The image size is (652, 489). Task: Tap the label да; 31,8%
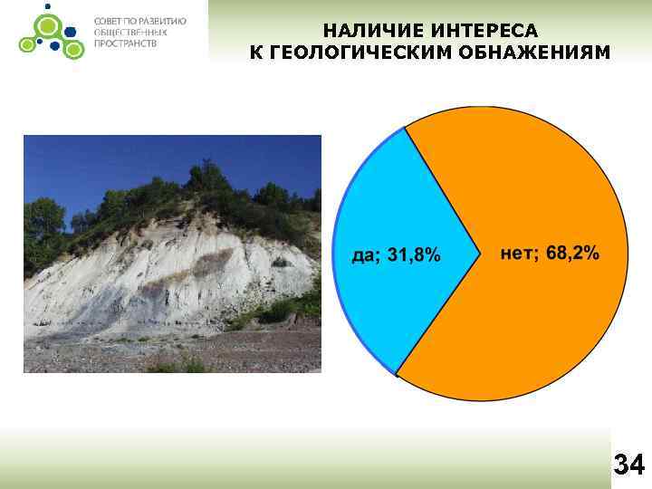[x=396, y=256]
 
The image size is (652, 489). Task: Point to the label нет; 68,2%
[x=550, y=254]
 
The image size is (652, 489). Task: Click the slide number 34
[x=628, y=465]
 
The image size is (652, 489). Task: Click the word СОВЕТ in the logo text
[x=110, y=21]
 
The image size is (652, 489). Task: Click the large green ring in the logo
[x=43, y=24]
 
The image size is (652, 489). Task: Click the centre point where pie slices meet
[x=480, y=254]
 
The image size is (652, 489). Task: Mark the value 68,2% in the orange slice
[x=572, y=254]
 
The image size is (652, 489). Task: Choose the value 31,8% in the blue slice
[x=414, y=256]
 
